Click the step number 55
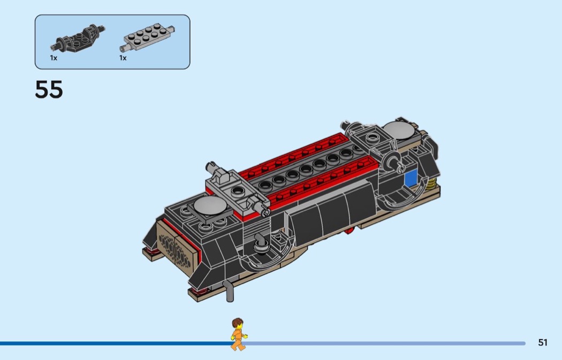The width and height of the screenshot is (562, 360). tap(49, 89)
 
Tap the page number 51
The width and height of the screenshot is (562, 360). tap(543, 342)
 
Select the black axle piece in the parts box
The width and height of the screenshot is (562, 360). tap(78, 39)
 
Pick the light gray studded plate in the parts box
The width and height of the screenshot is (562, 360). tap(147, 37)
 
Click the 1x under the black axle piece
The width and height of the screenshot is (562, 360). tap(54, 58)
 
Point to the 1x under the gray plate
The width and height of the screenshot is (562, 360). tap(123, 58)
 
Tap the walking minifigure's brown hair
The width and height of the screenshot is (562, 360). tap(237, 323)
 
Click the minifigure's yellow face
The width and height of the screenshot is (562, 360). tap(238, 327)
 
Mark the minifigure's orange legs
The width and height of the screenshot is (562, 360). tap(238, 344)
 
